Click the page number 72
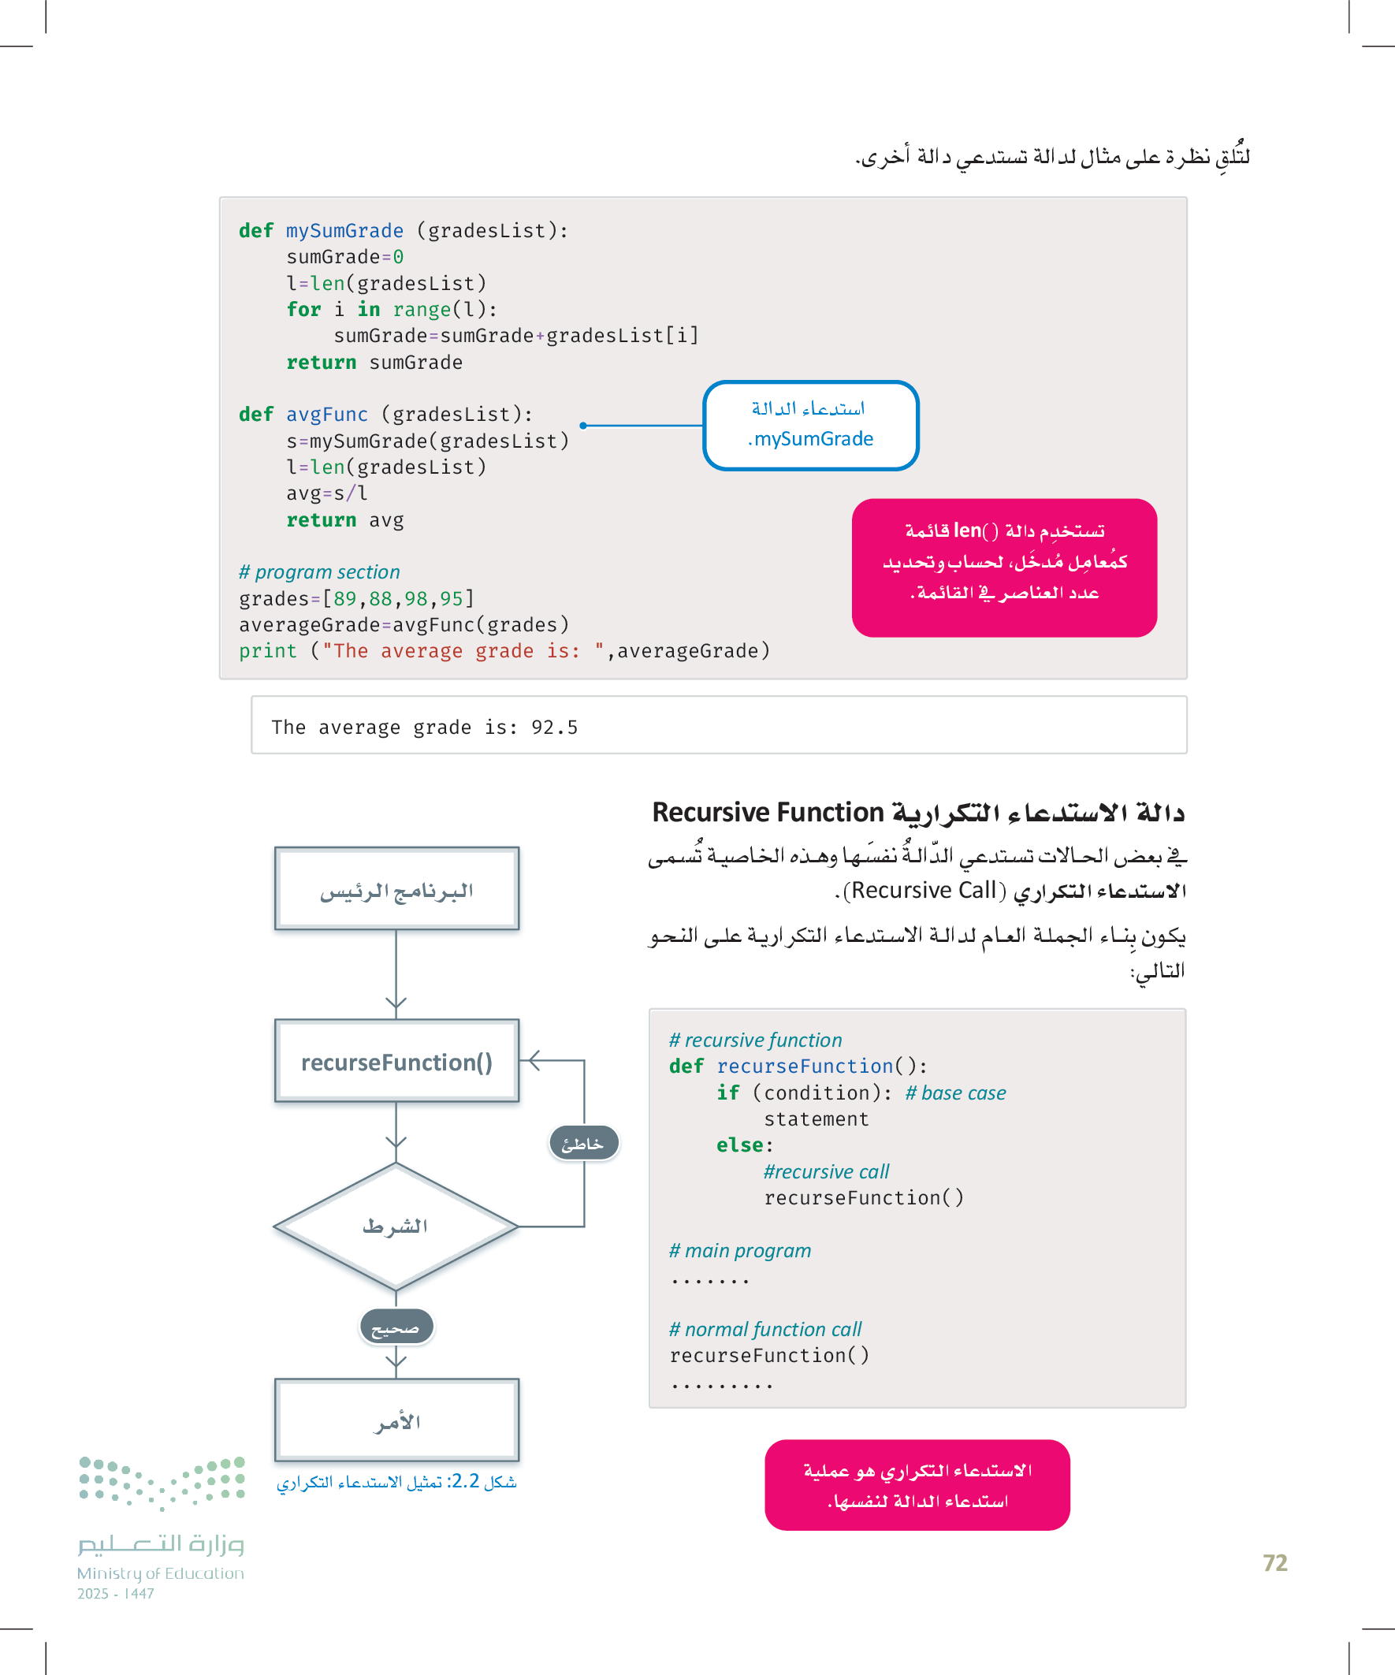point(1274,1562)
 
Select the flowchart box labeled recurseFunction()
point(396,1062)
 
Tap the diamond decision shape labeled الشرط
point(396,1226)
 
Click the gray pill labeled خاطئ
point(583,1144)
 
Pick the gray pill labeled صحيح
point(396,1327)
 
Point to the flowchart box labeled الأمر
point(396,1420)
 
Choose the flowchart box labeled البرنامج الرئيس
point(396,888)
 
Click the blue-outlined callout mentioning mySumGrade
point(810,425)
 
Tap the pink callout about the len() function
point(1003,567)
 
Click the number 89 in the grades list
point(345,598)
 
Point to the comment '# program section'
point(319,572)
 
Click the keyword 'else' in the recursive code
point(739,1145)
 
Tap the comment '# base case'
point(955,1092)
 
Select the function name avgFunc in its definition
point(327,415)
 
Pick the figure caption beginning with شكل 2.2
point(396,1482)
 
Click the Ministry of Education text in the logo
point(160,1573)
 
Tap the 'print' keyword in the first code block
point(267,651)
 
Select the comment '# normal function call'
point(765,1329)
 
